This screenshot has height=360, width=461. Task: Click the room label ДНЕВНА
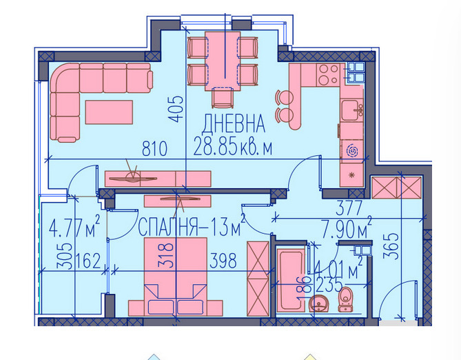pos(234,124)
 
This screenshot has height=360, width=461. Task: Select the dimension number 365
pos(391,247)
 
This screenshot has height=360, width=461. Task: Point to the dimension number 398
pos(223,261)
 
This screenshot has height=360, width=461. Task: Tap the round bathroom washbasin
pos(319,303)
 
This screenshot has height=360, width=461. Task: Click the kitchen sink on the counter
pos(352,108)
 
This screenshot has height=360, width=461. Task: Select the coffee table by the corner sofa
pos(110,111)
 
